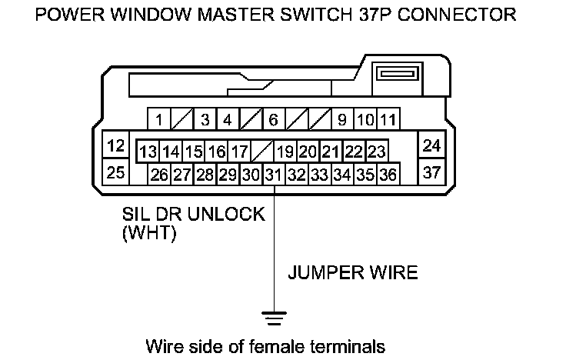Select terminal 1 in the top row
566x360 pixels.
(x=158, y=120)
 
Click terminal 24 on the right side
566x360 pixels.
(x=431, y=145)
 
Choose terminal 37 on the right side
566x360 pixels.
(x=431, y=172)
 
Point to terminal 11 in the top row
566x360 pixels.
(x=388, y=120)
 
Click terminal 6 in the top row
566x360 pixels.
(x=273, y=120)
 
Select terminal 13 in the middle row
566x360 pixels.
(x=148, y=151)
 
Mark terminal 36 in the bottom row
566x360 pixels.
(x=388, y=175)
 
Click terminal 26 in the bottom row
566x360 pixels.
(x=159, y=175)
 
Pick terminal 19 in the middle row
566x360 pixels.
(x=285, y=151)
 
